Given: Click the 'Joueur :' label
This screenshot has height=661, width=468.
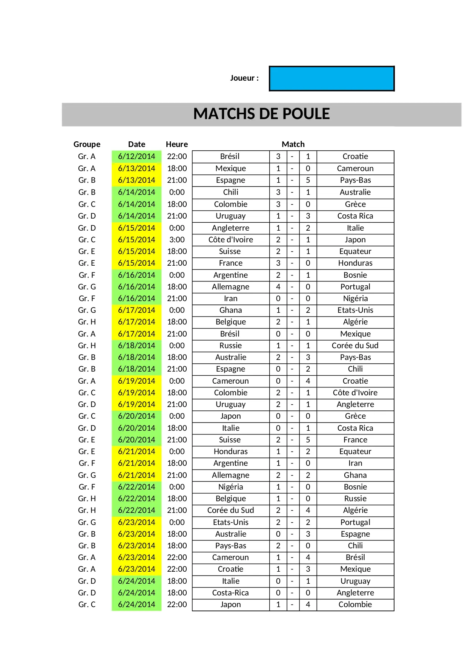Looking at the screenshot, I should pyautogui.click(x=244, y=78).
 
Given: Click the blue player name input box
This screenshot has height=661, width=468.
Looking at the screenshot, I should pyautogui.click(x=331, y=79).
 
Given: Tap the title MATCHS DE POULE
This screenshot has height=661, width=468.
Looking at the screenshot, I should pyautogui.click(x=261, y=114).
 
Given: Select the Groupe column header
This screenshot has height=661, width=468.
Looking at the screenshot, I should pyautogui.click(x=87, y=144).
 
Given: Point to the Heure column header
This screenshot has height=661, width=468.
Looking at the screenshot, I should pyautogui.click(x=176, y=144).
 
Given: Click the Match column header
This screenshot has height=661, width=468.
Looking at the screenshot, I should pyautogui.click(x=293, y=144).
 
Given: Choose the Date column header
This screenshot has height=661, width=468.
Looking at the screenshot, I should pyautogui.click(x=137, y=144).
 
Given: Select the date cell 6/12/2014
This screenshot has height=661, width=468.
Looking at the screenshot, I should pyautogui.click(x=137, y=156).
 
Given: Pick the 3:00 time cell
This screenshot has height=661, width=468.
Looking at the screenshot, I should pyautogui.click(x=177, y=240).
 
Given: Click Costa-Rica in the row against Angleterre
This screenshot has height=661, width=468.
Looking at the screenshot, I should pyautogui.click(x=230, y=593).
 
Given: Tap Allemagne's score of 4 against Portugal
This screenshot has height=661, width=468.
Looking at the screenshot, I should pyautogui.click(x=278, y=287).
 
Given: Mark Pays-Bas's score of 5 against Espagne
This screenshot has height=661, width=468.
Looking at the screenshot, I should pyautogui.click(x=308, y=180).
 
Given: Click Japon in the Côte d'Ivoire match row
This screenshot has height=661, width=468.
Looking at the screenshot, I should pyautogui.click(x=355, y=240).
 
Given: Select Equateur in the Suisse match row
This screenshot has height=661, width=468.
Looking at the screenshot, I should pyautogui.click(x=355, y=251).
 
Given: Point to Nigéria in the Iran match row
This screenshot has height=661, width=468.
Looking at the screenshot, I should pyautogui.click(x=355, y=298).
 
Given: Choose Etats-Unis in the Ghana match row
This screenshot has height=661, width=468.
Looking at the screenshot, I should pyautogui.click(x=355, y=310).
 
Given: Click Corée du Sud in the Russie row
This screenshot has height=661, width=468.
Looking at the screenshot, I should pyautogui.click(x=355, y=346).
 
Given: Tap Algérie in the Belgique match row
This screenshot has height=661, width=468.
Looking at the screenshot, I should pyautogui.click(x=355, y=322).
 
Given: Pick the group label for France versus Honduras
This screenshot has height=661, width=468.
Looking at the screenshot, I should pyautogui.click(x=87, y=263).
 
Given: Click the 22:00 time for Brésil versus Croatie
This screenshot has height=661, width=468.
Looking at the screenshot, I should pyautogui.click(x=177, y=156).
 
